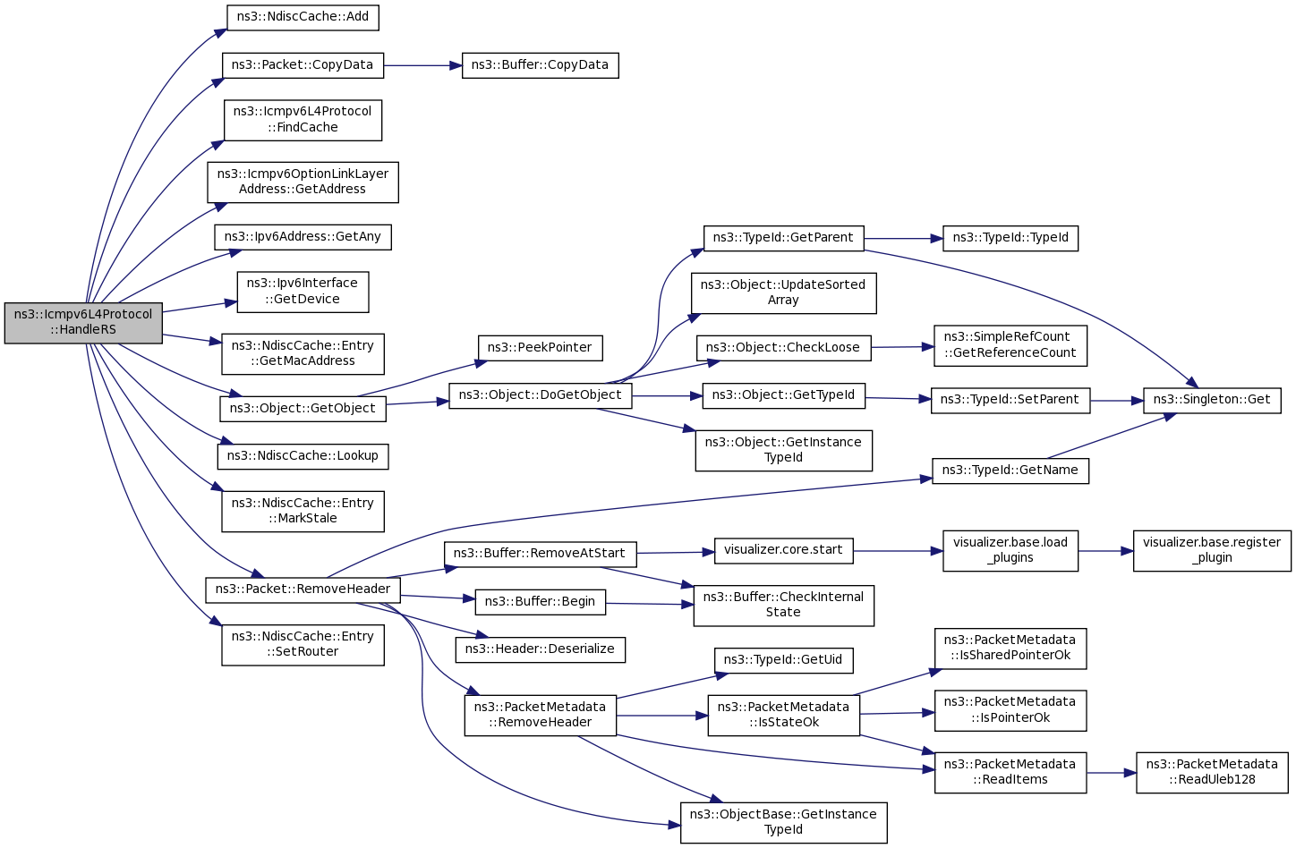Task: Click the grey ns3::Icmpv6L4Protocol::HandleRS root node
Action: [x=83, y=322]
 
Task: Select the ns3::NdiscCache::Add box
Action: [x=303, y=17]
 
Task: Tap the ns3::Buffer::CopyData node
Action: [x=540, y=65]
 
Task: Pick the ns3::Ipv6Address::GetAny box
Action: [x=303, y=237]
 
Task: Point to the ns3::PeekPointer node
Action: [x=540, y=348]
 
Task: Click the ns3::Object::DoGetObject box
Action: [x=540, y=395]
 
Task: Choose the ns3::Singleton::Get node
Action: [x=1212, y=400]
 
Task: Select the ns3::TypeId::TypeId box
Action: [x=1010, y=238]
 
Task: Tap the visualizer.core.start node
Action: [x=783, y=550]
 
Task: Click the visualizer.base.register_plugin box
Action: [x=1212, y=550]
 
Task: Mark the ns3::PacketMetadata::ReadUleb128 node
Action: [x=1212, y=772]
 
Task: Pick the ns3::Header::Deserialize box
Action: [x=540, y=649]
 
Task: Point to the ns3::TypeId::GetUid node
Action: [x=783, y=660]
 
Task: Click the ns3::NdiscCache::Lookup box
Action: [x=303, y=456]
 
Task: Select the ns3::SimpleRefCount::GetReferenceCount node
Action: [x=1010, y=345]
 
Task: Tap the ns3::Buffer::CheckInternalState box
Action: [x=783, y=605]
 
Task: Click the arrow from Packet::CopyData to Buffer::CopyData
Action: [x=422, y=65]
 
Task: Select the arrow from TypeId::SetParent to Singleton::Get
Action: [x=1116, y=401]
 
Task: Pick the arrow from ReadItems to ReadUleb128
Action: [x=1111, y=772]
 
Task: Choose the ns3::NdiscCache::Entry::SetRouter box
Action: [x=303, y=644]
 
